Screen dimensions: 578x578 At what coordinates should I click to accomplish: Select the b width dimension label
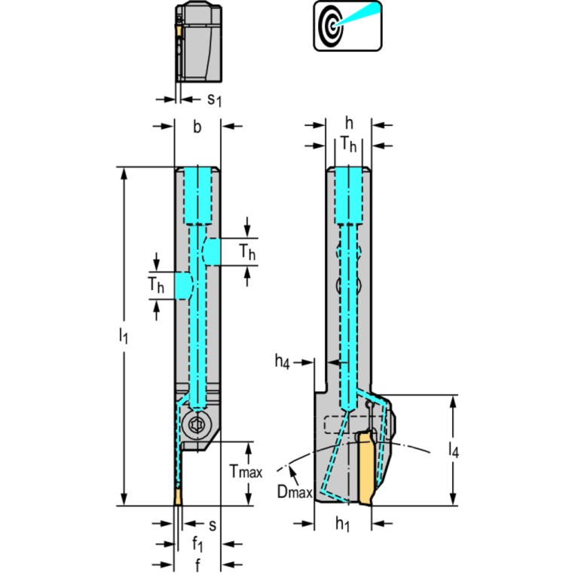coord(197,127)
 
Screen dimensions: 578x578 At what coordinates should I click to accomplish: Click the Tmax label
coord(246,472)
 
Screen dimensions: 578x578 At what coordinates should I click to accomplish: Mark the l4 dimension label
coord(453,449)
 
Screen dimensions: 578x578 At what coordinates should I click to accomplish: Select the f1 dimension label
coord(197,544)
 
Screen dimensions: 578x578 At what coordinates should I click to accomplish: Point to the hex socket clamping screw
coord(197,426)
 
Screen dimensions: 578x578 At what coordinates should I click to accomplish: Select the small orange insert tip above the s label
coord(178,497)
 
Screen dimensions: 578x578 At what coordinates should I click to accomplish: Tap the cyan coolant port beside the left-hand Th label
coord(183,285)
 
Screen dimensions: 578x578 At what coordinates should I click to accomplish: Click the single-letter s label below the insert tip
coord(213,524)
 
